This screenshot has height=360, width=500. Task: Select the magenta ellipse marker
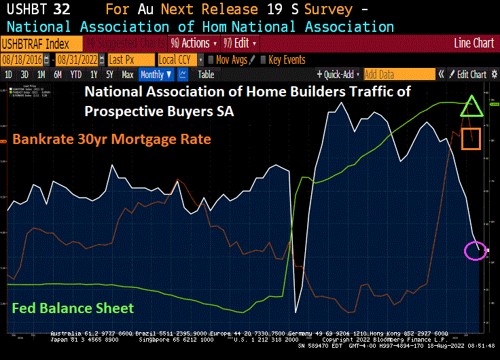(x=476, y=250)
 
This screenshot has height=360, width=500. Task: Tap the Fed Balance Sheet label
(x=72, y=308)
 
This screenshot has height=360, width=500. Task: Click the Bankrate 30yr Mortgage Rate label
(x=112, y=139)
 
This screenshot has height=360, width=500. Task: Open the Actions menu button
(x=194, y=43)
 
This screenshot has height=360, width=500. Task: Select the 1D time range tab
(x=9, y=75)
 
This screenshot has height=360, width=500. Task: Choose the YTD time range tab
(x=76, y=75)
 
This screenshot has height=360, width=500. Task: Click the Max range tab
(x=128, y=75)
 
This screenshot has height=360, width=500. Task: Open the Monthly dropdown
(x=155, y=75)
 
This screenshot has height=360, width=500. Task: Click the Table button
(x=206, y=75)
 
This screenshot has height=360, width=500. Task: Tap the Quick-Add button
(x=338, y=75)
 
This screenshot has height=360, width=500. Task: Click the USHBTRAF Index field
(x=41, y=43)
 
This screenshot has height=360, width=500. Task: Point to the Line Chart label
(x=474, y=43)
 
